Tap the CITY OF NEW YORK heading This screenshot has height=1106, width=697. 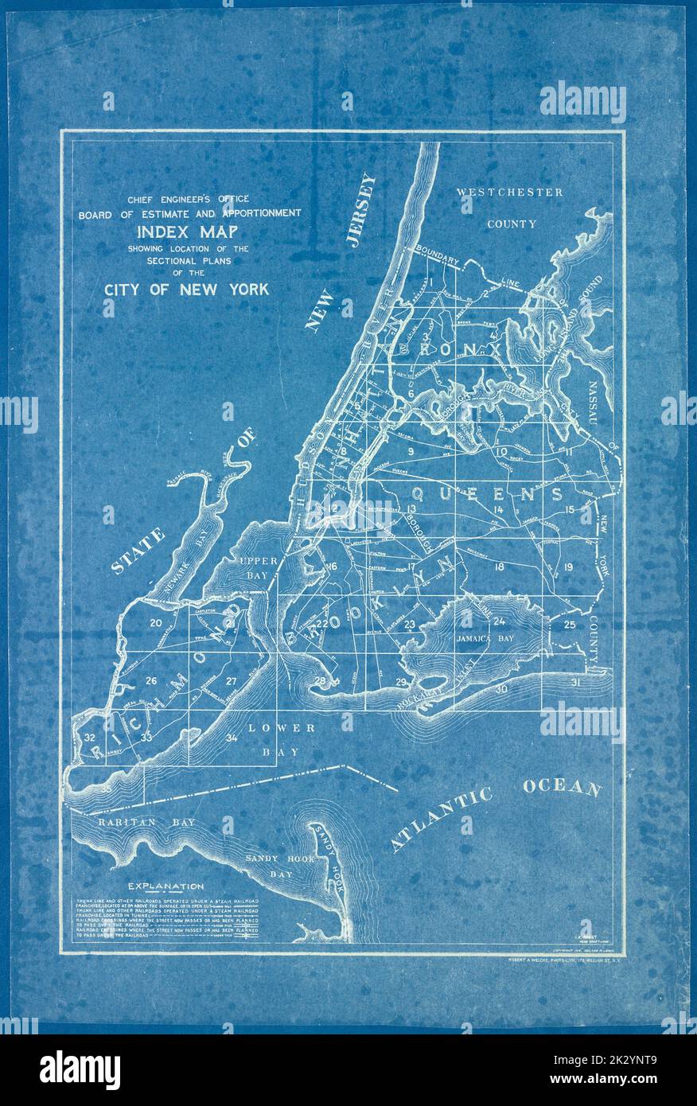(x=186, y=289)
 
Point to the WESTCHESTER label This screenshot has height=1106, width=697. (x=510, y=192)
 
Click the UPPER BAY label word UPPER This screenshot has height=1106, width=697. (x=259, y=560)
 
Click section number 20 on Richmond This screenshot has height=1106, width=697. (x=156, y=622)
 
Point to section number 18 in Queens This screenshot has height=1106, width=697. (x=500, y=567)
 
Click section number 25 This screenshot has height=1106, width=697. (x=570, y=625)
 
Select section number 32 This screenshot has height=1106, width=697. (x=90, y=738)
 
